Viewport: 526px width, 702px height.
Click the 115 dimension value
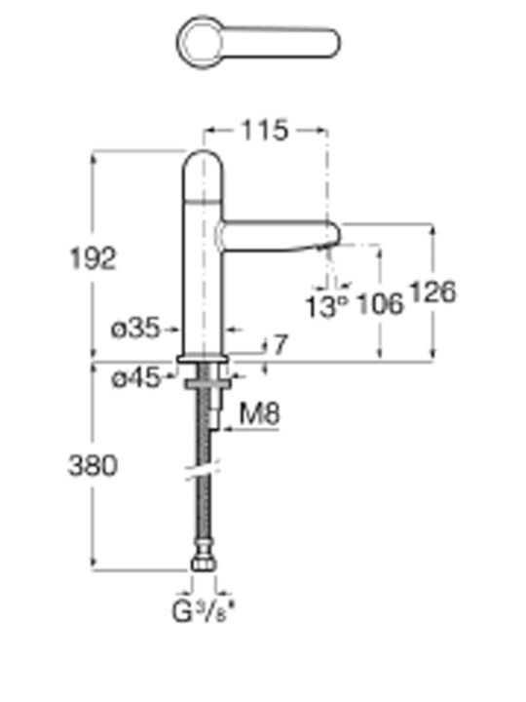coord(264,131)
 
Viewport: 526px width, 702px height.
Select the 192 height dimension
coord(94,258)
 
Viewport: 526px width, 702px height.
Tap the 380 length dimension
coord(93,465)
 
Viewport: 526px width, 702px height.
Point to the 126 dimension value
coord(432,292)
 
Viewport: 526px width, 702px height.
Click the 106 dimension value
coord(381,304)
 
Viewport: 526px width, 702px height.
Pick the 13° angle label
coord(326,307)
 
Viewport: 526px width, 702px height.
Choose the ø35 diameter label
coord(135,330)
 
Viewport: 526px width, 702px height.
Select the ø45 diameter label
coord(135,378)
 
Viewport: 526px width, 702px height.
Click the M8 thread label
coord(259,413)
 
